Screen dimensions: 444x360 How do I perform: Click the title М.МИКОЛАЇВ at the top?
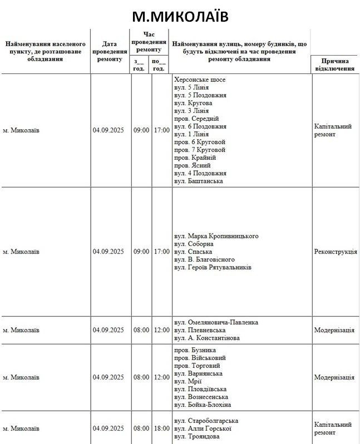pyautogui.click(x=180, y=16)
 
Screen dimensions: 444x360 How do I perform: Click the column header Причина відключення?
pyautogui.click(x=335, y=65)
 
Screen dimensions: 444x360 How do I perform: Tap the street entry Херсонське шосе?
pyautogui.click(x=200, y=80)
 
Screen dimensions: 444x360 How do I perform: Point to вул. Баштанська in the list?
pyautogui.click(x=199, y=181)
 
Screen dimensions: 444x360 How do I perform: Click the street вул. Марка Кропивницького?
pyautogui.click(x=216, y=236)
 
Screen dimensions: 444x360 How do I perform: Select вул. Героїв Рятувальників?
pyautogui.click(x=213, y=267)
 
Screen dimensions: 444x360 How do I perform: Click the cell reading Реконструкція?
pyautogui.click(x=336, y=251)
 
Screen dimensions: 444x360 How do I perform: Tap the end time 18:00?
pyautogui.click(x=161, y=428)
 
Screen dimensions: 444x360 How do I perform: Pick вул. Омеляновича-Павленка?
pyautogui.click(x=216, y=322)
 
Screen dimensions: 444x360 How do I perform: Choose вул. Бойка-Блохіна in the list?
pyautogui.click(x=203, y=404)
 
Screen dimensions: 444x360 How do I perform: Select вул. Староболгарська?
pyautogui.click(x=206, y=421)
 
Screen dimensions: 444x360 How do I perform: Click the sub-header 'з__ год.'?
pyautogui.click(x=139, y=65)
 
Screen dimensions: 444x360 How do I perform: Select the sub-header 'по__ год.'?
pyautogui.click(x=159, y=65)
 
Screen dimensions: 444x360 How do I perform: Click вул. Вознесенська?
pyautogui.click(x=201, y=397)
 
